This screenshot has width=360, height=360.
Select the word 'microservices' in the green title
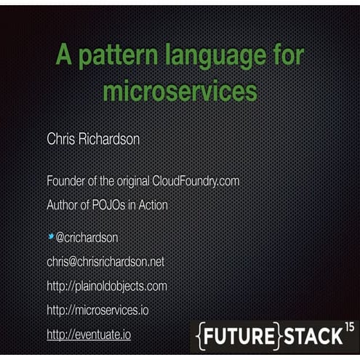(x=180, y=92)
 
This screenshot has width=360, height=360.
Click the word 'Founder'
(x=68, y=180)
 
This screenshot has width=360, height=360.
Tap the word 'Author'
(x=65, y=205)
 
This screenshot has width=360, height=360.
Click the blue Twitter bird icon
(x=51, y=236)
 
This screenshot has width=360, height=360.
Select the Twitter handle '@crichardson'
(x=87, y=237)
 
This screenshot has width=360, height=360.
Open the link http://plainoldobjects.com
(x=107, y=286)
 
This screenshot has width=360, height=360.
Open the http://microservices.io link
(x=97, y=310)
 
